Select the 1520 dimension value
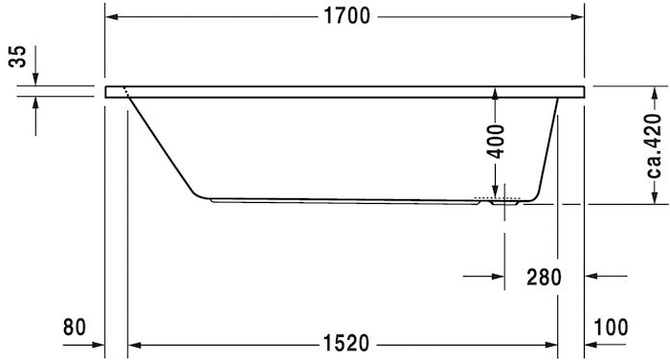click(x=344, y=343)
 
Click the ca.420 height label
click(x=654, y=145)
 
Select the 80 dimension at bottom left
click(x=75, y=326)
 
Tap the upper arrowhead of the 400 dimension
click(x=495, y=93)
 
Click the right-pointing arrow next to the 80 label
click(x=95, y=343)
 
